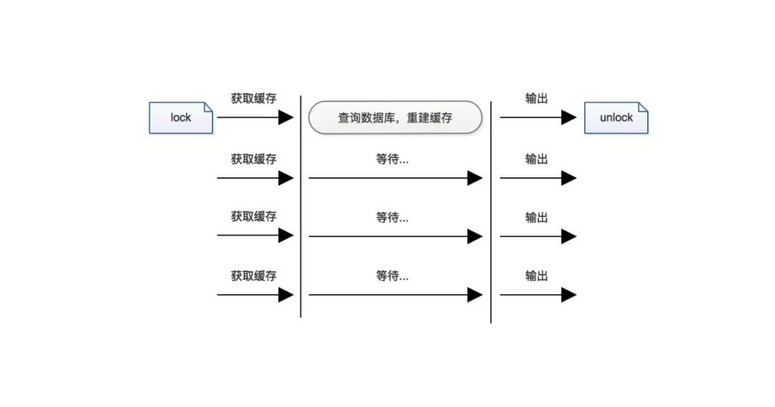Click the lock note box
(181, 118)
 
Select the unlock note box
(616, 118)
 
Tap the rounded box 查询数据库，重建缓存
(395, 118)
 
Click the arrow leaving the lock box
(255, 118)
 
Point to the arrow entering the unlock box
(538, 118)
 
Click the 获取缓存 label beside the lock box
(253, 98)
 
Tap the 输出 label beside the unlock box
(536, 98)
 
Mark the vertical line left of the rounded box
(301, 207)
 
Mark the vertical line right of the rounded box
(491, 212)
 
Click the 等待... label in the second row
(393, 159)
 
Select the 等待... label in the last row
(393, 276)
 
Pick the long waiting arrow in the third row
(395, 236)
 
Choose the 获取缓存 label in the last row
(253, 276)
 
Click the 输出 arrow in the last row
(538, 295)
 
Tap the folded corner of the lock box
(208, 108)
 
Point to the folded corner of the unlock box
(643, 108)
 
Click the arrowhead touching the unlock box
(569, 118)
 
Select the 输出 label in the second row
(536, 159)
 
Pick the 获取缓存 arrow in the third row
(255, 235)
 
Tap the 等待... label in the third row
(393, 217)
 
